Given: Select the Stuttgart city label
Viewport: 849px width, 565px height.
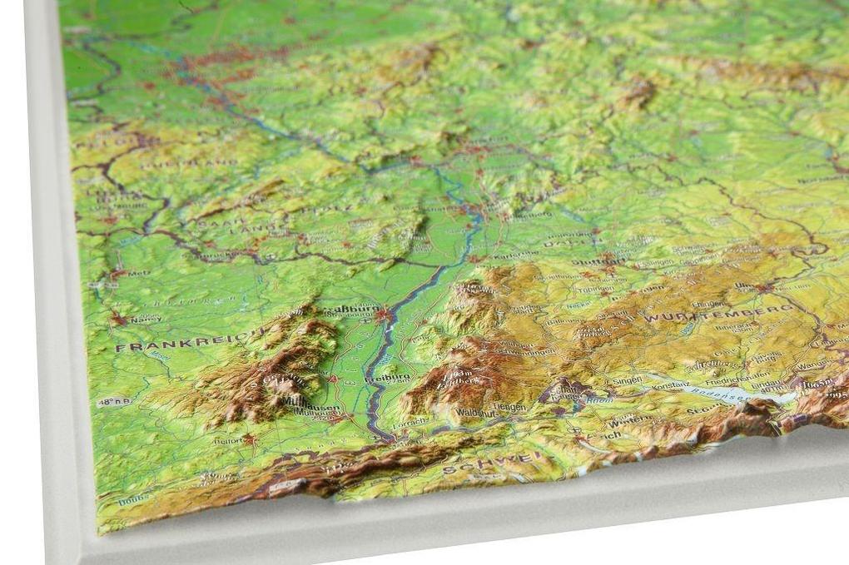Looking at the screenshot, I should pyautogui.click(x=599, y=260).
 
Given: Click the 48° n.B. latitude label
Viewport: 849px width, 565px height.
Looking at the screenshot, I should pyautogui.click(x=114, y=402).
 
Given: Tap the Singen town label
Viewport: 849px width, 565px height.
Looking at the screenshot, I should pyautogui.click(x=627, y=380).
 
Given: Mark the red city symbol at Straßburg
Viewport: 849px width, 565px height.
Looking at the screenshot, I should pyautogui.click(x=383, y=315).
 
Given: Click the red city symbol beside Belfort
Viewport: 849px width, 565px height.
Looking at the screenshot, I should pyautogui.click(x=247, y=439).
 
